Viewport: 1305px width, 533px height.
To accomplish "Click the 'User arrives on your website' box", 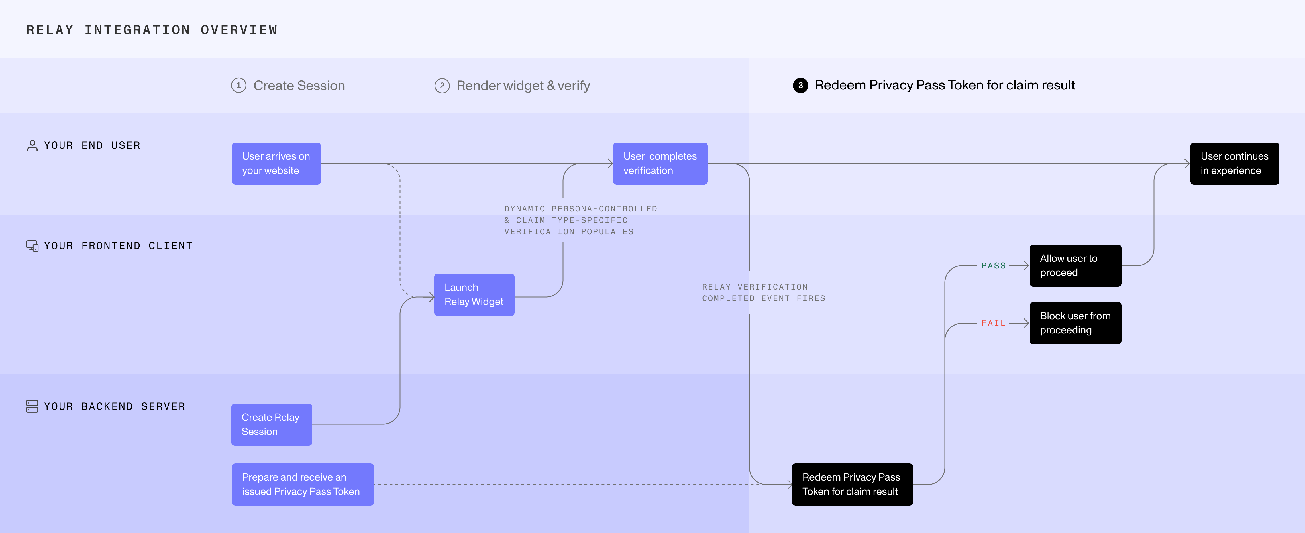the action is [276, 164].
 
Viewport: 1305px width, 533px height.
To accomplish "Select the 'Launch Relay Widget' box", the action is [474, 294].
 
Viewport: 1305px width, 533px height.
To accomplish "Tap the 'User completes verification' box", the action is [660, 164].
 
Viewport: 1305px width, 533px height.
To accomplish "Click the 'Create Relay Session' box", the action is [272, 425].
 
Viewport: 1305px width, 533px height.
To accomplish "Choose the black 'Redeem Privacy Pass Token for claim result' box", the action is [852, 484].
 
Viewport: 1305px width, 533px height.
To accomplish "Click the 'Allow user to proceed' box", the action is [1075, 265].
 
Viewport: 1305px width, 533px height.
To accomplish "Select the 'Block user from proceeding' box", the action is [1075, 323].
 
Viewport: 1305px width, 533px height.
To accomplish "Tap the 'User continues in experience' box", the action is [1235, 164].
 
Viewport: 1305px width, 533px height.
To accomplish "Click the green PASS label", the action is [994, 265].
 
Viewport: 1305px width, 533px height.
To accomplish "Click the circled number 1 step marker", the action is [238, 85].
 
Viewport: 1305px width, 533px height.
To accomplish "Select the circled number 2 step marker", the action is [442, 86].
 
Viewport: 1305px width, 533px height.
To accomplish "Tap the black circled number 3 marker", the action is [800, 85].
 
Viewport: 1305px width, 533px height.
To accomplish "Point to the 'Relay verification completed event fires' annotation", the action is [763, 293].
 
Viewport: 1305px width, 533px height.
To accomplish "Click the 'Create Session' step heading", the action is [299, 86].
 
